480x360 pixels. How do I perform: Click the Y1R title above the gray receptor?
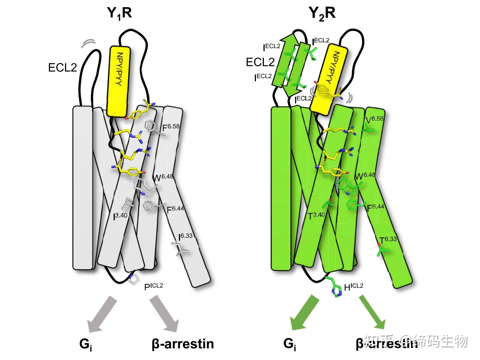120,14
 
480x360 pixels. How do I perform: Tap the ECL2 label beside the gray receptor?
62,68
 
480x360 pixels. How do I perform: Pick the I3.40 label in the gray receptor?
121,216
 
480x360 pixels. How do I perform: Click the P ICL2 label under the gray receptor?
154,287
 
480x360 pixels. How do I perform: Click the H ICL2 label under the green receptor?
353,287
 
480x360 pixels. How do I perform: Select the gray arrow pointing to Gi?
100,313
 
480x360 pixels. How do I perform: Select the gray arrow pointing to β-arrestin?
164,313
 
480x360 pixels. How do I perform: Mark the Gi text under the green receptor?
289,344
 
